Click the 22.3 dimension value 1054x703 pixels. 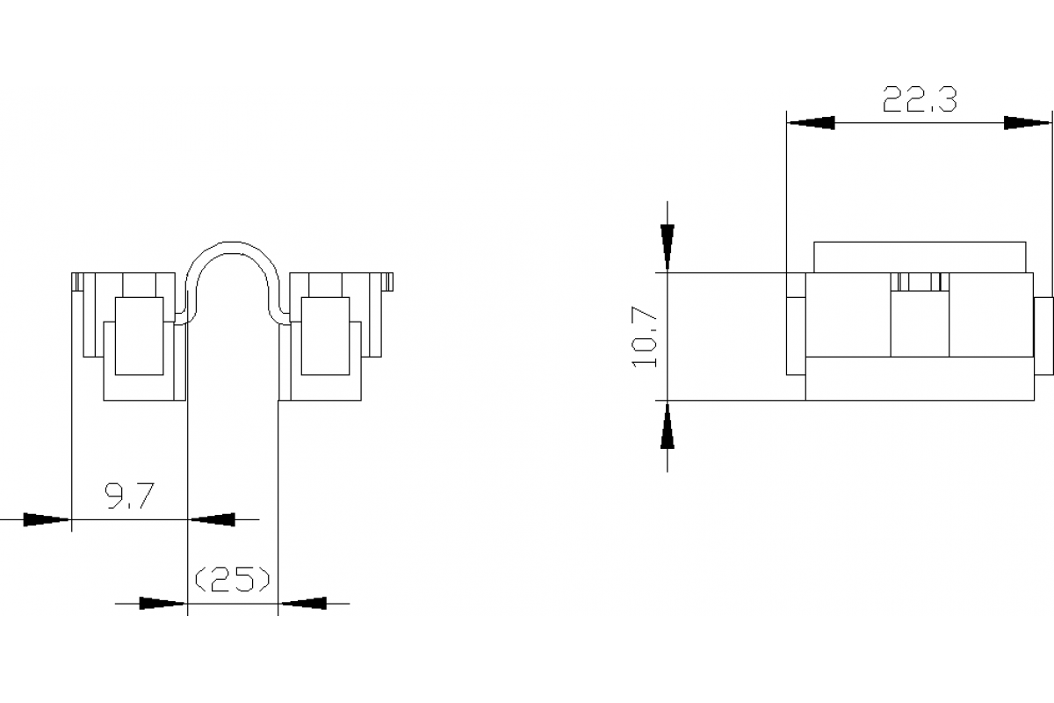pyautogui.click(x=919, y=100)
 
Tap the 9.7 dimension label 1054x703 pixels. pyautogui.click(x=130, y=498)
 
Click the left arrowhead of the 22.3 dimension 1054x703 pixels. pyautogui.click(x=810, y=123)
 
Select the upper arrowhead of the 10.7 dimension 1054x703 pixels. pyautogui.click(x=668, y=248)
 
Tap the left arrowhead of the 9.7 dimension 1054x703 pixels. pyautogui.click(x=46, y=519)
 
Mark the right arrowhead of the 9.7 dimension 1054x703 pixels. pyautogui.click(x=213, y=519)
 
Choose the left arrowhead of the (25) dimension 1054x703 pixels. pyautogui.click(x=163, y=603)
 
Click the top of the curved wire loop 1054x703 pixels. pyautogui.click(x=234, y=246)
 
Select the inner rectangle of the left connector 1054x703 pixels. pyautogui.click(x=139, y=337)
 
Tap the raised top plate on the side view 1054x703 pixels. pyautogui.click(x=919, y=257)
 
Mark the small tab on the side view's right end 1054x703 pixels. pyautogui.click(x=1043, y=336)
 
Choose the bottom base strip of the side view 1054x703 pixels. pyautogui.click(x=919, y=379)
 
